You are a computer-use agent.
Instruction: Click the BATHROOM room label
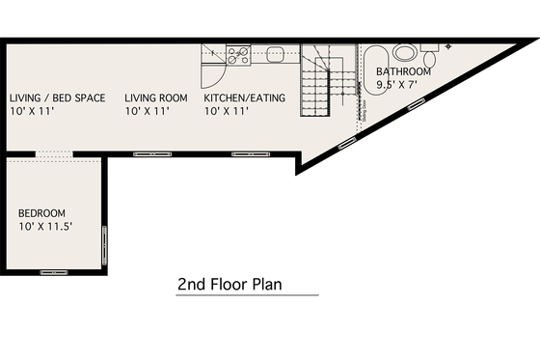click(403, 71)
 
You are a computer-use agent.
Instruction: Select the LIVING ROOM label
click(156, 97)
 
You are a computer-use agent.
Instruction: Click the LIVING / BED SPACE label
click(57, 97)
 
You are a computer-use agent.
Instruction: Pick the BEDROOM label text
click(42, 213)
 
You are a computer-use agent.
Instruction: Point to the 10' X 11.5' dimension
click(46, 227)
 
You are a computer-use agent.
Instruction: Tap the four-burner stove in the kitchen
click(238, 56)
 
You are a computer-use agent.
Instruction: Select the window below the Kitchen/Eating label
click(249, 153)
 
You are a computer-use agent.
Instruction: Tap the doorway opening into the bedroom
click(53, 153)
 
